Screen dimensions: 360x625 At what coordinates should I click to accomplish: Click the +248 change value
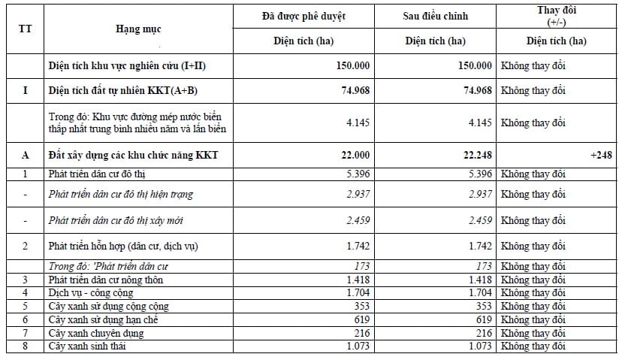[601, 155]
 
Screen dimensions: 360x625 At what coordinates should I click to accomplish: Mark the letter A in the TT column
[26, 155]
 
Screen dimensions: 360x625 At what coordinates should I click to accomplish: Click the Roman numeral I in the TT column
[26, 90]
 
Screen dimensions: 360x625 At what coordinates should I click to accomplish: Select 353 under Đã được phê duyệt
[361, 306]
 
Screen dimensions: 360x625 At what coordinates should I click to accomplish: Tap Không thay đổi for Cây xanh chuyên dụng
[533, 332]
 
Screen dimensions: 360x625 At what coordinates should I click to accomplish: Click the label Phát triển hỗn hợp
[123, 246]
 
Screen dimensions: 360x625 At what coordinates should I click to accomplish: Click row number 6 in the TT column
[26, 319]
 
